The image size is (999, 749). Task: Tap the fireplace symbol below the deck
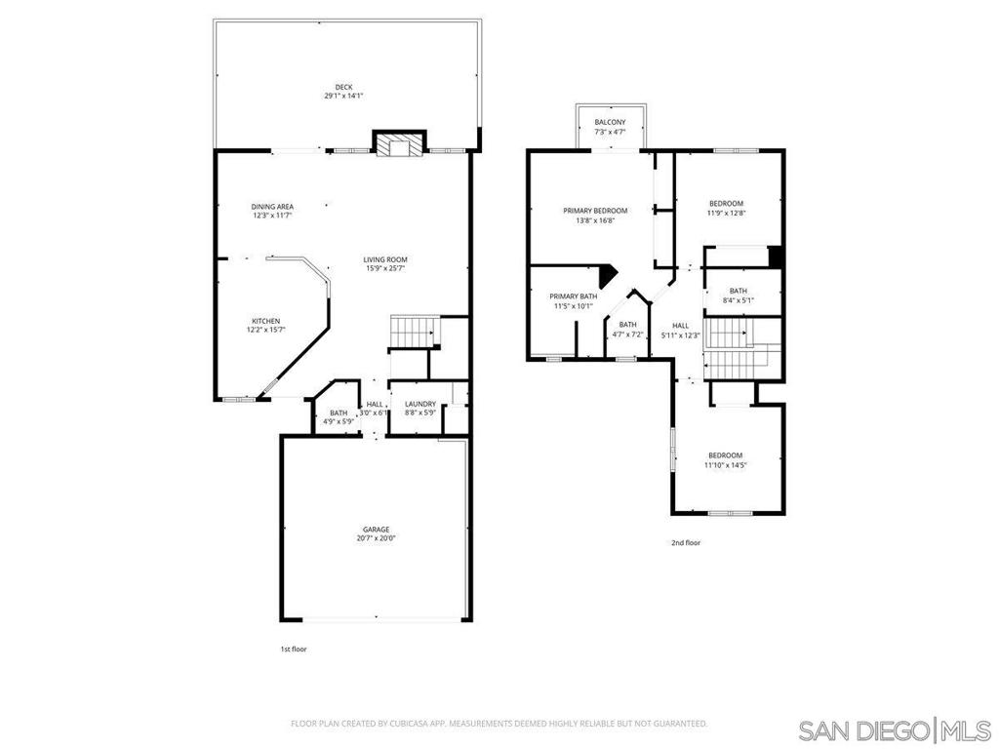pyautogui.click(x=398, y=145)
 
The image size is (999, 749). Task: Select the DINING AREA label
pyautogui.click(x=272, y=206)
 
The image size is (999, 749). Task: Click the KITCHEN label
pyautogui.click(x=265, y=321)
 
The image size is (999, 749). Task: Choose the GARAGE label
pyautogui.click(x=376, y=529)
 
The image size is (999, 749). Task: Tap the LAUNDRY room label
pyautogui.click(x=420, y=404)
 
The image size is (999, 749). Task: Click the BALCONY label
pyautogui.click(x=610, y=122)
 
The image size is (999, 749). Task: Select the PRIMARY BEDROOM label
pyautogui.click(x=595, y=210)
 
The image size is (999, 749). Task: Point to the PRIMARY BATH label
pyautogui.click(x=573, y=296)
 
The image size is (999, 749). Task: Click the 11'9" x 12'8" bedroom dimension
pyautogui.click(x=726, y=213)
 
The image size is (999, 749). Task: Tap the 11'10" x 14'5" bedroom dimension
pyautogui.click(x=725, y=465)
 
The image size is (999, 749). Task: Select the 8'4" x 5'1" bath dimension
pyautogui.click(x=738, y=300)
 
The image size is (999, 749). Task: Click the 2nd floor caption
pyautogui.click(x=685, y=542)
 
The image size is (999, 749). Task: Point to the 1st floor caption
pyautogui.click(x=294, y=648)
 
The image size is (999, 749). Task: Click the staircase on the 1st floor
pyautogui.click(x=415, y=331)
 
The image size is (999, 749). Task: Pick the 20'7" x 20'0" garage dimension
pyautogui.click(x=376, y=538)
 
